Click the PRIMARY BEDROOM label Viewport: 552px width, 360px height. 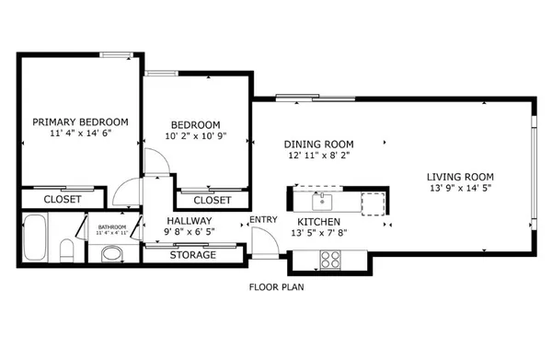(80, 122)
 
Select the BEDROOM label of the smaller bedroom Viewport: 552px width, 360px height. (196, 125)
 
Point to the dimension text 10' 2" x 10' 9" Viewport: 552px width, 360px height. (196, 137)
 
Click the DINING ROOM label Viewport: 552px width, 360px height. (318, 144)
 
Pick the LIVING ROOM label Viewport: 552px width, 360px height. (460, 177)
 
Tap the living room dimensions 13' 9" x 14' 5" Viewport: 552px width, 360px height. (460, 189)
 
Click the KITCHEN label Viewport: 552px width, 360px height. (319, 222)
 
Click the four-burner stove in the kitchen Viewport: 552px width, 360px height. (328, 261)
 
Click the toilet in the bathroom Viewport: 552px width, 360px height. (65, 251)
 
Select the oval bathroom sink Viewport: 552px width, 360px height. (111, 252)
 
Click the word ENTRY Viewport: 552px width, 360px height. (262, 219)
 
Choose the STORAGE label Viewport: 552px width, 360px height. (192, 255)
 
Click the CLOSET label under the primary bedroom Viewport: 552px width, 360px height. (63, 199)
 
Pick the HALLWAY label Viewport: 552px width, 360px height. (189, 222)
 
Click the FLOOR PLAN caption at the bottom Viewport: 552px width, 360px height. (276, 286)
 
